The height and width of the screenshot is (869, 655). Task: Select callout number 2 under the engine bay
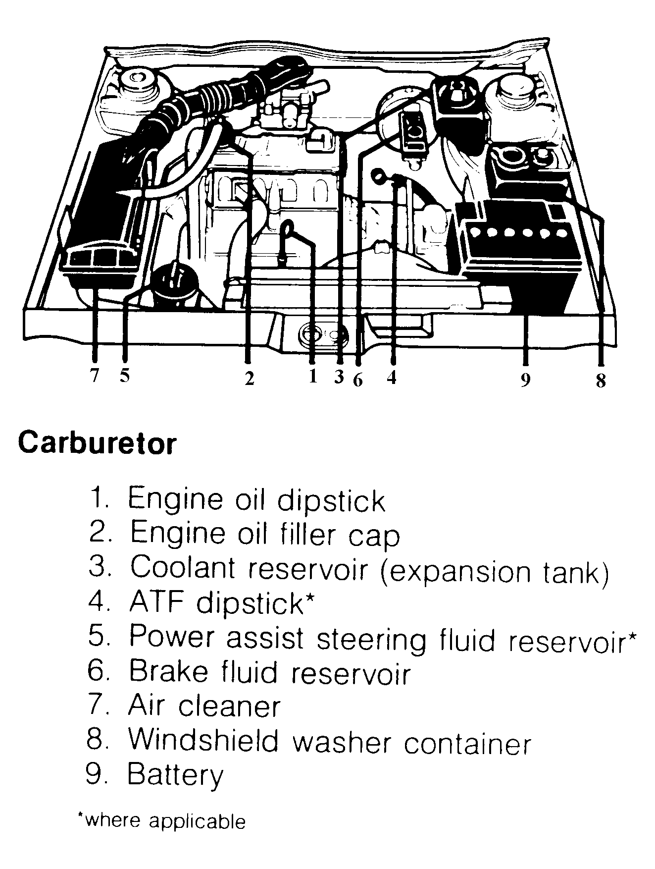tap(249, 379)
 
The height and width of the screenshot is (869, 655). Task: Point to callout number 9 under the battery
tap(525, 380)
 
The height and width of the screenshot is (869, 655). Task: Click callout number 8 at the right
tap(601, 380)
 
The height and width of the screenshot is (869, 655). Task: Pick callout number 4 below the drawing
tap(392, 378)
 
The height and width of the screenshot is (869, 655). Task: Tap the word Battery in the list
tap(175, 775)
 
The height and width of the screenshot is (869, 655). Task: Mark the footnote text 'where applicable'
tap(162, 821)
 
